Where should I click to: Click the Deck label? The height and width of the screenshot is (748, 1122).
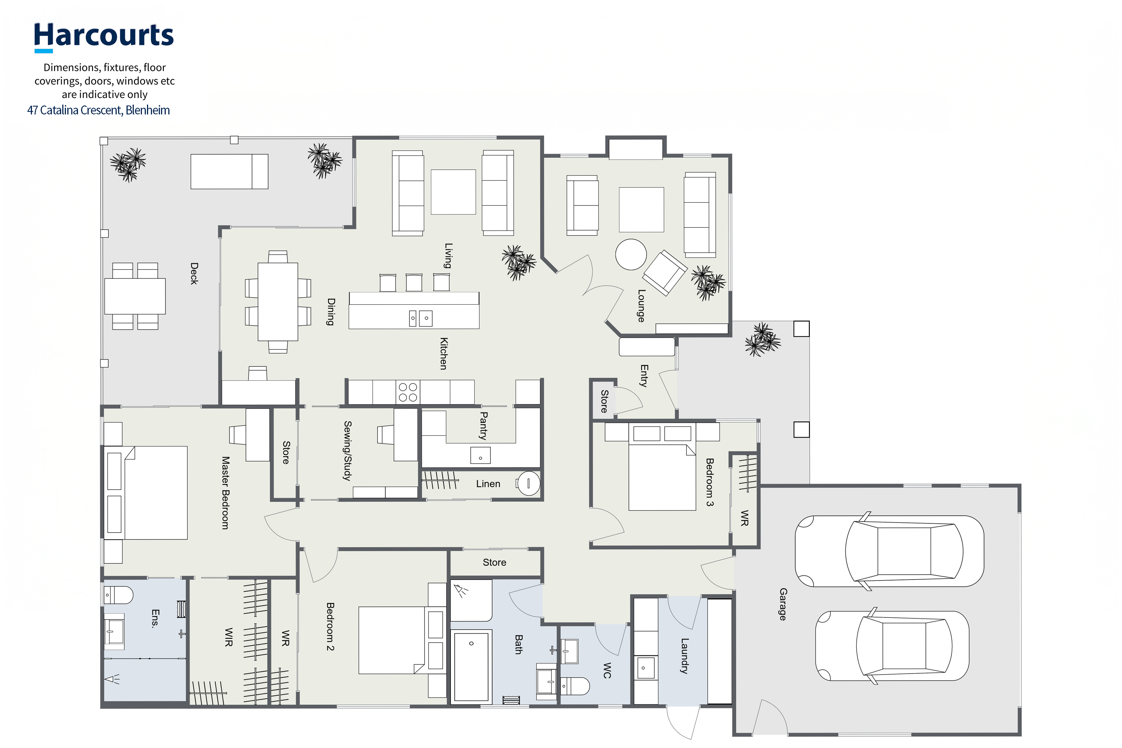coord(194,273)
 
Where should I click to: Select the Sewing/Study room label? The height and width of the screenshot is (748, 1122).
coord(348,450)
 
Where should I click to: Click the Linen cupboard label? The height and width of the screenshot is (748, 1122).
coord(488,484)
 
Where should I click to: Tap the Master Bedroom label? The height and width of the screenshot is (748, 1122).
coord(225,493)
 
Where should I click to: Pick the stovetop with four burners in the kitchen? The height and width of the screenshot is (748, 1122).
coord(408,392)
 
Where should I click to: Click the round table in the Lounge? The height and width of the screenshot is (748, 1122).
coord(631,254)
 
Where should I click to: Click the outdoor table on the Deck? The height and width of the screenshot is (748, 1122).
coord(135,296)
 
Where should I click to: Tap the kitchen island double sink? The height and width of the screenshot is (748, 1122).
coord(420,318)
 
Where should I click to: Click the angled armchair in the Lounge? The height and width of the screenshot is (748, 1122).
coord(665,272)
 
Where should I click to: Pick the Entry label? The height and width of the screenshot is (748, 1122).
coord(644,376)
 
